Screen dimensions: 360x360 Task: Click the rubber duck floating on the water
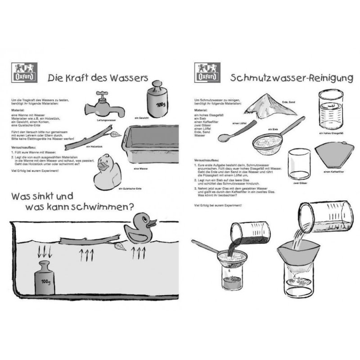(x=140, y=227)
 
